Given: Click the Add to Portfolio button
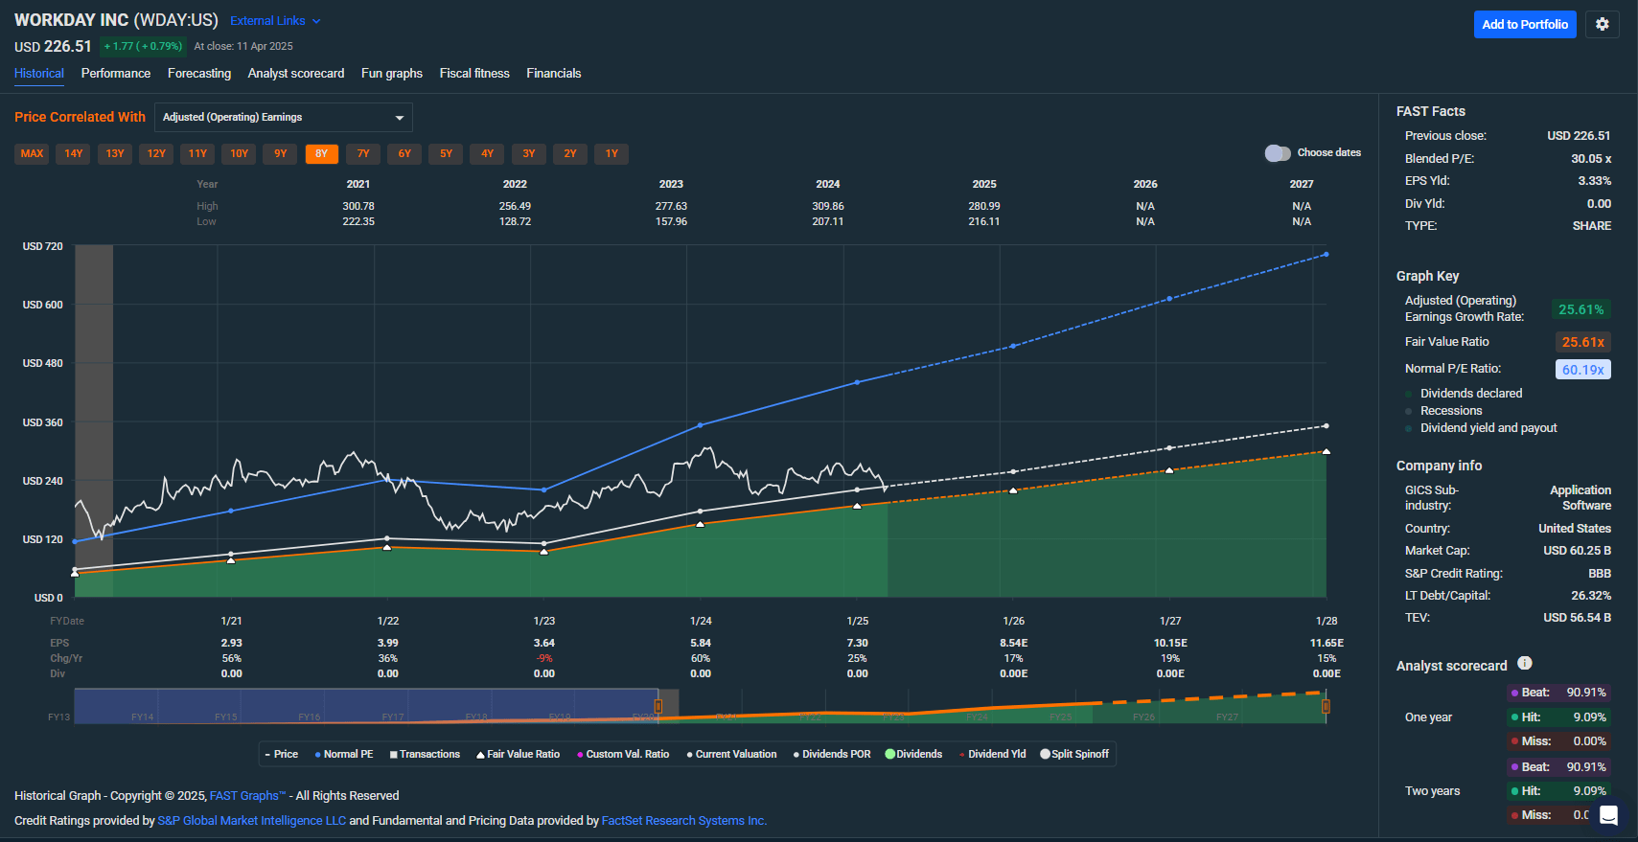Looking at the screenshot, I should tap(1524, 25).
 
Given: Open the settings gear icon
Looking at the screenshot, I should tap(1602, 25).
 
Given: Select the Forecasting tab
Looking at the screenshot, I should tap(198, 74).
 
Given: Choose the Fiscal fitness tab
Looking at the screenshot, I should tap(474, 74).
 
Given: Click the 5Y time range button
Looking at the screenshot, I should tap(446, 153).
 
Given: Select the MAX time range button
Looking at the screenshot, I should tap(32, 153).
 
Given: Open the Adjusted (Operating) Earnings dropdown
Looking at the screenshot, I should tap(283, 118).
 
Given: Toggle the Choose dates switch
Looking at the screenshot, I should tap(1277, 153).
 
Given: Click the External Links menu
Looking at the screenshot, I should tap(275, 21).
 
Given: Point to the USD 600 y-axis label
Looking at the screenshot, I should tap(43, 305).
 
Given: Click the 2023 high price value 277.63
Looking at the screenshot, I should tap(671, 206).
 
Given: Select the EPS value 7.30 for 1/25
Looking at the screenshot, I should tap(857, 643).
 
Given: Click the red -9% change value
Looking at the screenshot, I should tap(544, 658).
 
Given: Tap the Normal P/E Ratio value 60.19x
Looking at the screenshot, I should tap(1582, 370).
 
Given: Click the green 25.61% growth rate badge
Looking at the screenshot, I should tap(1580, 310).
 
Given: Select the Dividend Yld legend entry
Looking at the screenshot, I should tap(992, 755).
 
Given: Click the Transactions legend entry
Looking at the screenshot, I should tap(425, 755).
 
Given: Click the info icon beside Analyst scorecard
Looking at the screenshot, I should tap(1525, 663).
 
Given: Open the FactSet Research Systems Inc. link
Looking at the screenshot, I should tap(683, 821).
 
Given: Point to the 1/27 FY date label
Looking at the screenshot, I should tap(1170, 621).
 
